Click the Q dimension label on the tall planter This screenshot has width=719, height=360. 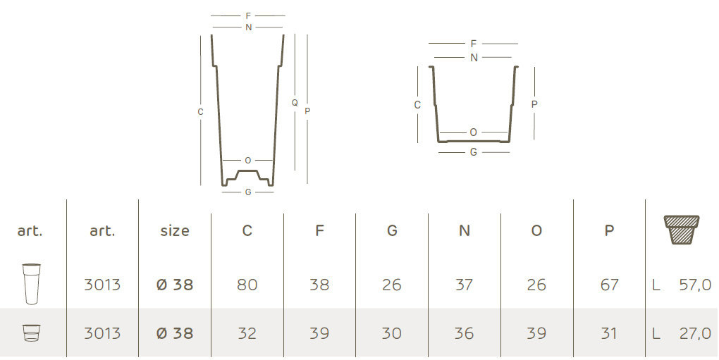pyautogui.click(x=295, y=103)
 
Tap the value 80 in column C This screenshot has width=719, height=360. pyautogui.click(x=247, y=285)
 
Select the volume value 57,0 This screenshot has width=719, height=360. pyautogui.click(x=695, y=285)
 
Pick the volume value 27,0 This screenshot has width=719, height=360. pyautogui.click(x=695, y=333)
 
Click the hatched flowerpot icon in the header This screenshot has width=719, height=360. pyautogui.click(x=682, y=230)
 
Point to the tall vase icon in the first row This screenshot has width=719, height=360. pyautogui.click(x=32, y=284)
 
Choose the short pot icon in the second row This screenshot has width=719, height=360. pyautogui.click(x=32, y=333)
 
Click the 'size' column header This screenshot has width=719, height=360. pyautogui.click(x=175, y=230)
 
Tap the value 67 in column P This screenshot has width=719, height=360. pyautogui.click(x=609, y=285)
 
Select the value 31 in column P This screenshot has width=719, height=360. pyautogui.click(x=609, y=333)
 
